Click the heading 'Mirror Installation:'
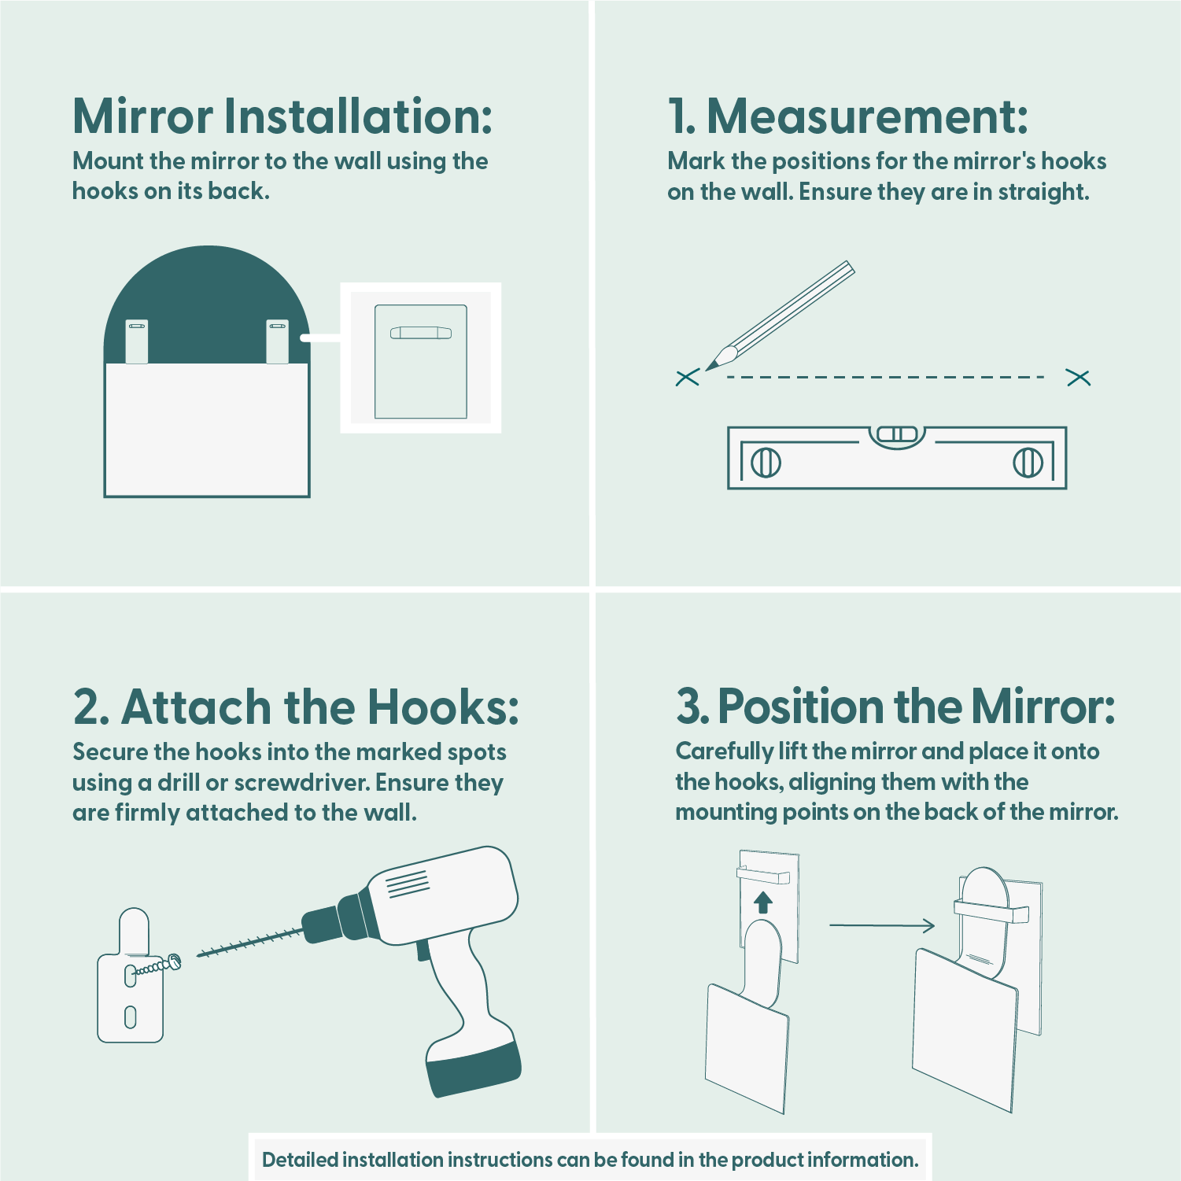[x=282, y=116]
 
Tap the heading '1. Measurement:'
[x=848, y=116]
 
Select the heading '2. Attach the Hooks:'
[x=296, y=707]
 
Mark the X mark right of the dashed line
[x=1078, y=378]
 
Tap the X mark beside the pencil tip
[x=687, y=378]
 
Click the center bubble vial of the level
[x=897, y=434]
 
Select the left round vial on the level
[x=766, y=462]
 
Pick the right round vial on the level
[x=1028, y=462]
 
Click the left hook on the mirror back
[x=137, y=341]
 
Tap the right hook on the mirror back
[x=278, y=341]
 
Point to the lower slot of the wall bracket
[x=131, y=1017]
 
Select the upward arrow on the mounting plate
[x=762, y=902]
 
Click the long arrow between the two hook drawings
[x=882, y=925]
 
